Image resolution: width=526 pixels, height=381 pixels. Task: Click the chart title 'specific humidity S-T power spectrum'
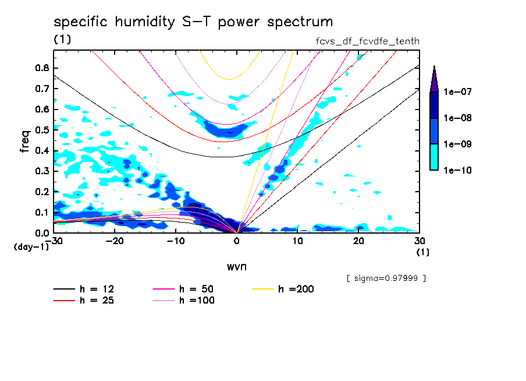[x=193, y=22]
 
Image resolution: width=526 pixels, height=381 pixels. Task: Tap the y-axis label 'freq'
[x=25, y=141]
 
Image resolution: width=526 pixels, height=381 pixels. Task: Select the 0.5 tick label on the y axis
[x=42, y=129]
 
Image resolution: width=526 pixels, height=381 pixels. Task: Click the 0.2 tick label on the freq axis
[x=42, y=192]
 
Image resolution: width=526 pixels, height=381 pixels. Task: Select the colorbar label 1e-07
[x=457, y=91]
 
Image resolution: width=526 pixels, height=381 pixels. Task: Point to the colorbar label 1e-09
[x=457, y=144]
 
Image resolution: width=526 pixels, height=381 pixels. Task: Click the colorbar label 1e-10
[x=457, y=170]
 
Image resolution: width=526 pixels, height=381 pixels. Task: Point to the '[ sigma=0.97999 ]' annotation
[x=386, y=278]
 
